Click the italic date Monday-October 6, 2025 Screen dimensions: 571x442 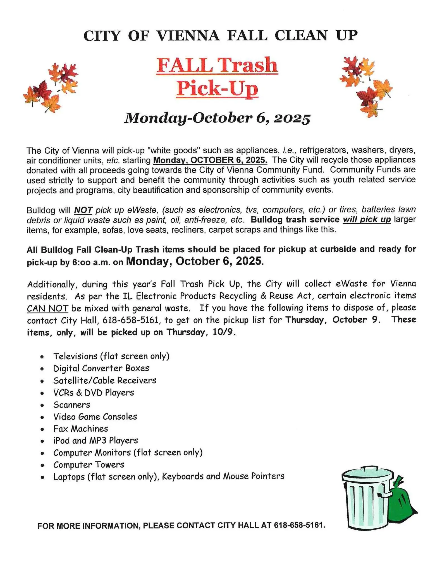tap(217, 118)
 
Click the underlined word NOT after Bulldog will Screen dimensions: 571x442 tap(83, 210)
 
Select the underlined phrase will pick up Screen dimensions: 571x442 tap(367, 220)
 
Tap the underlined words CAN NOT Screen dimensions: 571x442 tap(47, 308)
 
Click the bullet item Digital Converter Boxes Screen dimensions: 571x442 tap(101, 368)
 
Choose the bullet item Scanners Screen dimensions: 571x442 tap(72, 405)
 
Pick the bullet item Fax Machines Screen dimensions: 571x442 tap(81, 429)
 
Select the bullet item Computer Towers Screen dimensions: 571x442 tap(89, 464)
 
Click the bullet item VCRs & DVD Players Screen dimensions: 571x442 tap(94, 393)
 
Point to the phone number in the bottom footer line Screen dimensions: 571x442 tap(299, 525)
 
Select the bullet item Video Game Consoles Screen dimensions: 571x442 tap(95, 417)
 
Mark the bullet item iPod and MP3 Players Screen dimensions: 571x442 tap(95, 441)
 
